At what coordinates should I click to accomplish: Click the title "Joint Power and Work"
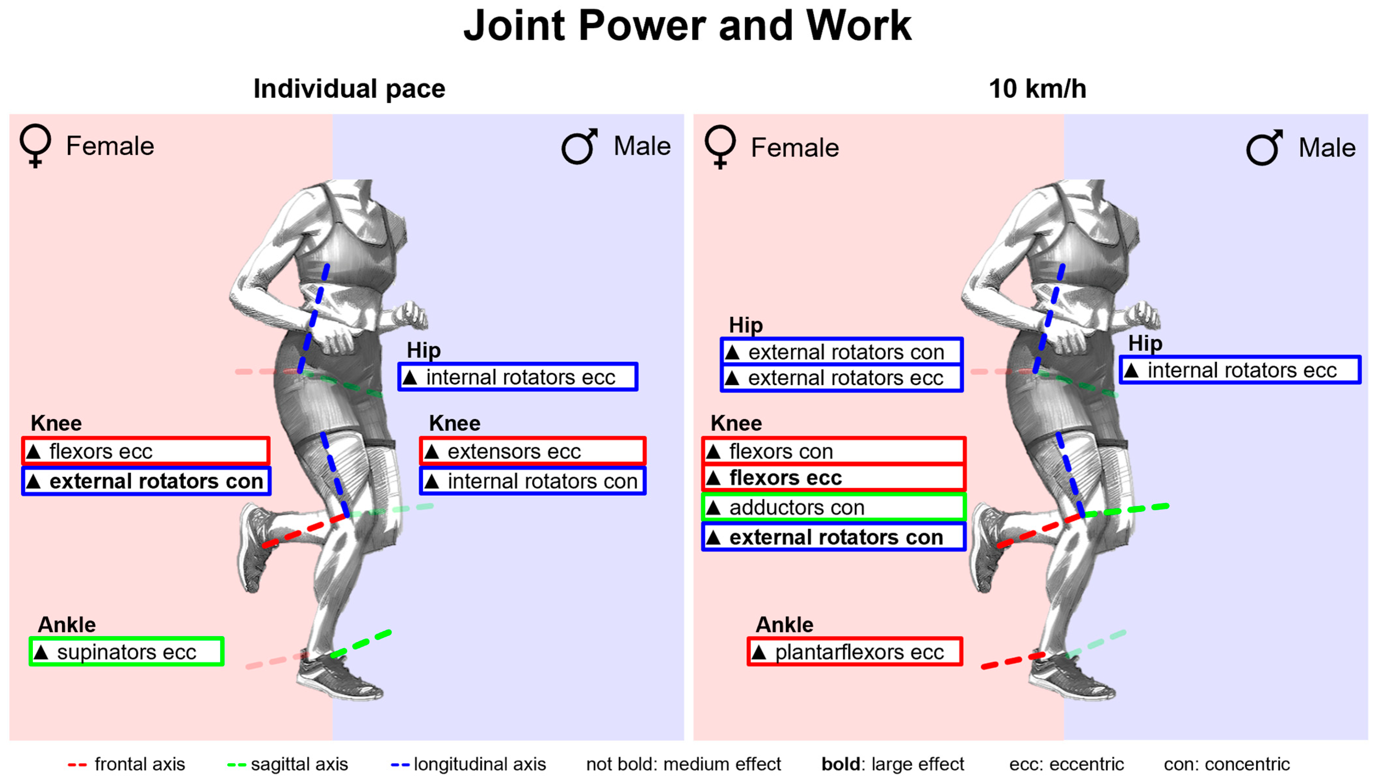click(x=688, y=26)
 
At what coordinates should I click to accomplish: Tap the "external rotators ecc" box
click(x=842, y=378)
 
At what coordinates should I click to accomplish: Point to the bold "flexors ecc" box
click(x=833, y=477)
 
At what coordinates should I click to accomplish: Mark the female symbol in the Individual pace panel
click(x=35, y=146)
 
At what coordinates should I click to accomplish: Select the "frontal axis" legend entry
click(x=127, y=764)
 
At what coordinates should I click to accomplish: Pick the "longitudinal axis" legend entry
click(x=469, y=764)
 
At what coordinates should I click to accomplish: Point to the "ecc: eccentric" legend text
click(x=1066, y=764)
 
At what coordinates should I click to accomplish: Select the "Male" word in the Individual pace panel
click(x=642, y=146)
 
